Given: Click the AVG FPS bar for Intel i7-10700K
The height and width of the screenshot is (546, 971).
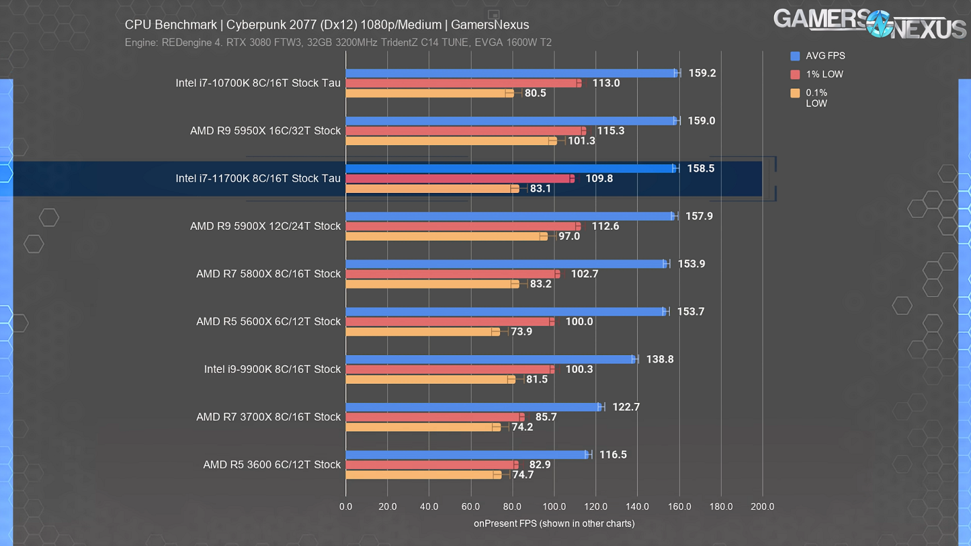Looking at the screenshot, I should click(x=511, y=73).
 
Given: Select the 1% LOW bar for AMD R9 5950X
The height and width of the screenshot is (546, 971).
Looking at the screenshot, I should click(x=465, y=131).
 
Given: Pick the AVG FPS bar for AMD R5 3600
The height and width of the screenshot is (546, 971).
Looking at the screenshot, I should click(x=467, y=455).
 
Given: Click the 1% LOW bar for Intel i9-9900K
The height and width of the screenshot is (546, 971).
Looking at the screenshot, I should click(x=450, y=369).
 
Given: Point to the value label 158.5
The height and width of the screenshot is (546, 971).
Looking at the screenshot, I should click(x=700, y=168).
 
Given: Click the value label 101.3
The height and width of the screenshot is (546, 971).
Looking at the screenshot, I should click(x=581, y=141).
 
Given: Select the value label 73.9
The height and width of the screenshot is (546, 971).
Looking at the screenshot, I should click(x=521, y=332).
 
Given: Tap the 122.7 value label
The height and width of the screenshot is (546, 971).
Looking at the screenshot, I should click(x=626, y=407).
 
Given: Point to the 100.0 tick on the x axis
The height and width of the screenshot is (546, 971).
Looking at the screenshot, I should click(x=554, y=506).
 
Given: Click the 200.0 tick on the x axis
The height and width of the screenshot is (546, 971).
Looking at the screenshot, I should click(x=762, y=506).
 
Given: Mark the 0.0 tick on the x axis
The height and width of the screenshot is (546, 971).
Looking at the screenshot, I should click(x=345, y=506).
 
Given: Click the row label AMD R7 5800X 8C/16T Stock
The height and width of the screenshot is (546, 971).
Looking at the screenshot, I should click(x=268, y=274).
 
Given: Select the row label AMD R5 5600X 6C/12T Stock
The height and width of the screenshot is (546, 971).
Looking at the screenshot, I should click(x=268, y=322).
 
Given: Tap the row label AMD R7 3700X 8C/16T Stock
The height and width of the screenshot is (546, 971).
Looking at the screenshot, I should click(x=268, y=417).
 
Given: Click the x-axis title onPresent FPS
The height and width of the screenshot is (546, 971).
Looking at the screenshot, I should click(x=554, y=524).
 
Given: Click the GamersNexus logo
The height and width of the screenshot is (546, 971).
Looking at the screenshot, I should click(x=869, y=22).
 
